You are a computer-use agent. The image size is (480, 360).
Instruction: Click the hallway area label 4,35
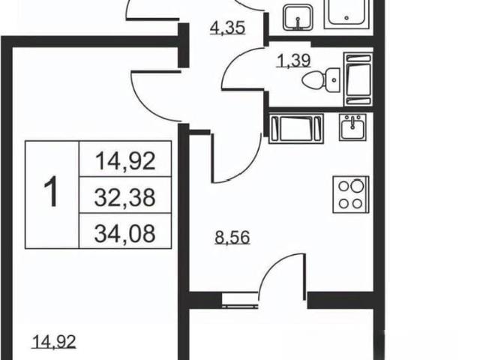tap(228, 28)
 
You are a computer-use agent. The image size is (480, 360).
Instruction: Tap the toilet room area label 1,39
tap(293, 60)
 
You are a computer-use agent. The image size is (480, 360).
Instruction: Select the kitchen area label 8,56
tap(232, 238)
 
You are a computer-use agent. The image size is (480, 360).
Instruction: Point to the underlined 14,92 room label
tap(54, 342)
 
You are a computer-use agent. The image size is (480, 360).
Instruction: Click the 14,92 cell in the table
tap(125, 161)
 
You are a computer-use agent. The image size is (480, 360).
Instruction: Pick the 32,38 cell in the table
tap(125, 197)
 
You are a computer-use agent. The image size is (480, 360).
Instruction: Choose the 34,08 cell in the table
tap(125, 233)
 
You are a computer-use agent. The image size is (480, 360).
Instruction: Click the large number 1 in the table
tap(51, 192)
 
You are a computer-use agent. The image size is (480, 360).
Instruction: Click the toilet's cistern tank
tap(333, 80)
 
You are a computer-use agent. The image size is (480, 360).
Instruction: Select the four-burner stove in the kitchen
tap(351, 194)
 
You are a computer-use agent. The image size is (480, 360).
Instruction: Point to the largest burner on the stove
tap(357, 185)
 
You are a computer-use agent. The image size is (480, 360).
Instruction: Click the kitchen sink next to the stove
tap(352, 127)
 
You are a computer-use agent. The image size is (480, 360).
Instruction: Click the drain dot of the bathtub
tap(346, 18)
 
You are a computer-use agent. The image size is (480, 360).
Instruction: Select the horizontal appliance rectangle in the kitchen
tap(296, 128)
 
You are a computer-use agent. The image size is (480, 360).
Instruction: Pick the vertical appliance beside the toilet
tap(358, 79)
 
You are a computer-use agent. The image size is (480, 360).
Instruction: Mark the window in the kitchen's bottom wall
tap(240, 300)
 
